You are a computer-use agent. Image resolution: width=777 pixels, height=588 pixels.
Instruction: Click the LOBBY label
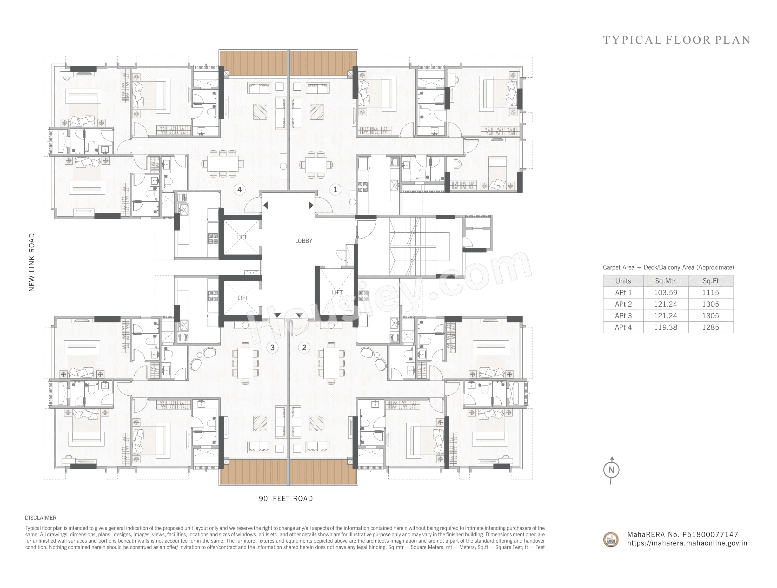tap(303, 241)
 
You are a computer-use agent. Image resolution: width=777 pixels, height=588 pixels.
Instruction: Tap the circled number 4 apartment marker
tap(240, 190)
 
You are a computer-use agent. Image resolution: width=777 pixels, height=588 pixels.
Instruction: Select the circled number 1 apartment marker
tap(335, 190)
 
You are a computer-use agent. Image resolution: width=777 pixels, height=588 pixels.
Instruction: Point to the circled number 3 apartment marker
tap(273, 348)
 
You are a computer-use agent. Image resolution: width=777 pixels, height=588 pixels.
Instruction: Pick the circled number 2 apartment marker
tap(304, 348)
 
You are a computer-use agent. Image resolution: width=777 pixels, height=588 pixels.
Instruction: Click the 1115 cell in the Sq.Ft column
tap(710, 292)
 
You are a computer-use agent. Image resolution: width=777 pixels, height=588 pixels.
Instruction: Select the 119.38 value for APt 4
tap(665, 327)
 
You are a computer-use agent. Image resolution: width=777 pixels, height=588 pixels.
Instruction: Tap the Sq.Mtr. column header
tap(666, 281)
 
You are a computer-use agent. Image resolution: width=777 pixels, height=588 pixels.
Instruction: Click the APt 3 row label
tap(623, 316)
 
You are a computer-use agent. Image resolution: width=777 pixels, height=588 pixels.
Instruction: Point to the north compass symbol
tap(611, 470)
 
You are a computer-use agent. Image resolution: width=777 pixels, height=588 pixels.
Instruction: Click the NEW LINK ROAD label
tap(32, 262)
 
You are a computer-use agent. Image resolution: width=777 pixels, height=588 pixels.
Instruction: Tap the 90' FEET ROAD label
tap(285, 498)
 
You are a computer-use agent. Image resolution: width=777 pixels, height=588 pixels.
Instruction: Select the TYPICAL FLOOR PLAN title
tap(676, 40)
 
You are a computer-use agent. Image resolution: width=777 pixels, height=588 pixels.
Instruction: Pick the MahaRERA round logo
tap(611, 539)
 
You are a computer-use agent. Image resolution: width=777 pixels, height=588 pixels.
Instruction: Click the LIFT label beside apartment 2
tap(337, 292)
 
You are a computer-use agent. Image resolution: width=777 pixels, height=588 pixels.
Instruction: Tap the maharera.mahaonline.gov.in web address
tap(687, 543)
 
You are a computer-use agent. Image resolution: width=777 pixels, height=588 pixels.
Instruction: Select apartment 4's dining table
tap(222, 164)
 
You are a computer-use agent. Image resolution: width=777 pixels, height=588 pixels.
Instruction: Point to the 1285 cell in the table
tap(710, 327)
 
